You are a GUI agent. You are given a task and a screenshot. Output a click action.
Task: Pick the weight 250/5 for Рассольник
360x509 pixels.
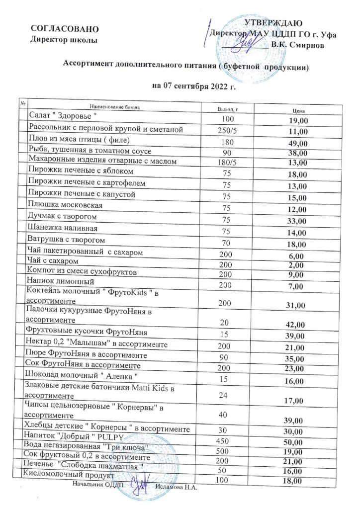coord(227,131)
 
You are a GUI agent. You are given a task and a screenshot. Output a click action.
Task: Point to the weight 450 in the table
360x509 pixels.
coord(227,441)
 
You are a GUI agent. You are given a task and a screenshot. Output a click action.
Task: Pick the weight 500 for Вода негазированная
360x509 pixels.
coord(227,451)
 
